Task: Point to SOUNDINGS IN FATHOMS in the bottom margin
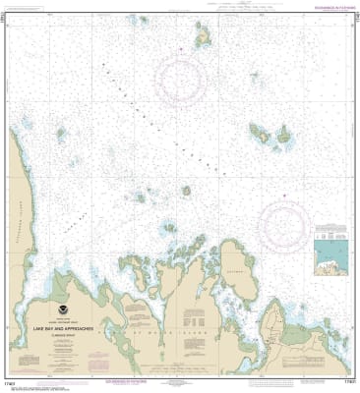point(181,381)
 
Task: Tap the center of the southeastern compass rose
point(285,221)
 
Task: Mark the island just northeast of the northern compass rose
point(206,38)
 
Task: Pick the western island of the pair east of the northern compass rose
point(262,131)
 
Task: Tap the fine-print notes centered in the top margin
point(181,6)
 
